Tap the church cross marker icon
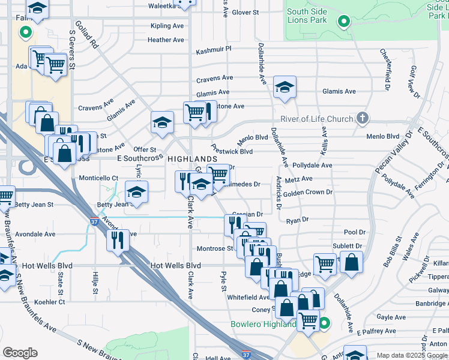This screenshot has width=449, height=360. tap(363, 118)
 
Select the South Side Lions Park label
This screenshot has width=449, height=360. tap(310, 16)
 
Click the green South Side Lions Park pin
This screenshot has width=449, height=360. tap(343, 22)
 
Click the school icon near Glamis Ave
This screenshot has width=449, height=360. tap(285, 86)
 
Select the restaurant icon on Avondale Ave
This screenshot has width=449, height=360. tap(118, 239)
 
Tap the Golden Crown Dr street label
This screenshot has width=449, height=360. tap(307, 193)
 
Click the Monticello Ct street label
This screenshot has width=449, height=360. tap(98, 178)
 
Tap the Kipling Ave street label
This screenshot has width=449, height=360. tap(167, 26)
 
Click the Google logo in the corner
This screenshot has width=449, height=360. tap(20, 353)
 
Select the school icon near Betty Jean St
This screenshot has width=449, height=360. tap(137, 193)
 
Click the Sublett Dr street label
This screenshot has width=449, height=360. tap(348, 246)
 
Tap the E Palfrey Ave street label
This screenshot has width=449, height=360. tap(376, 331)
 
